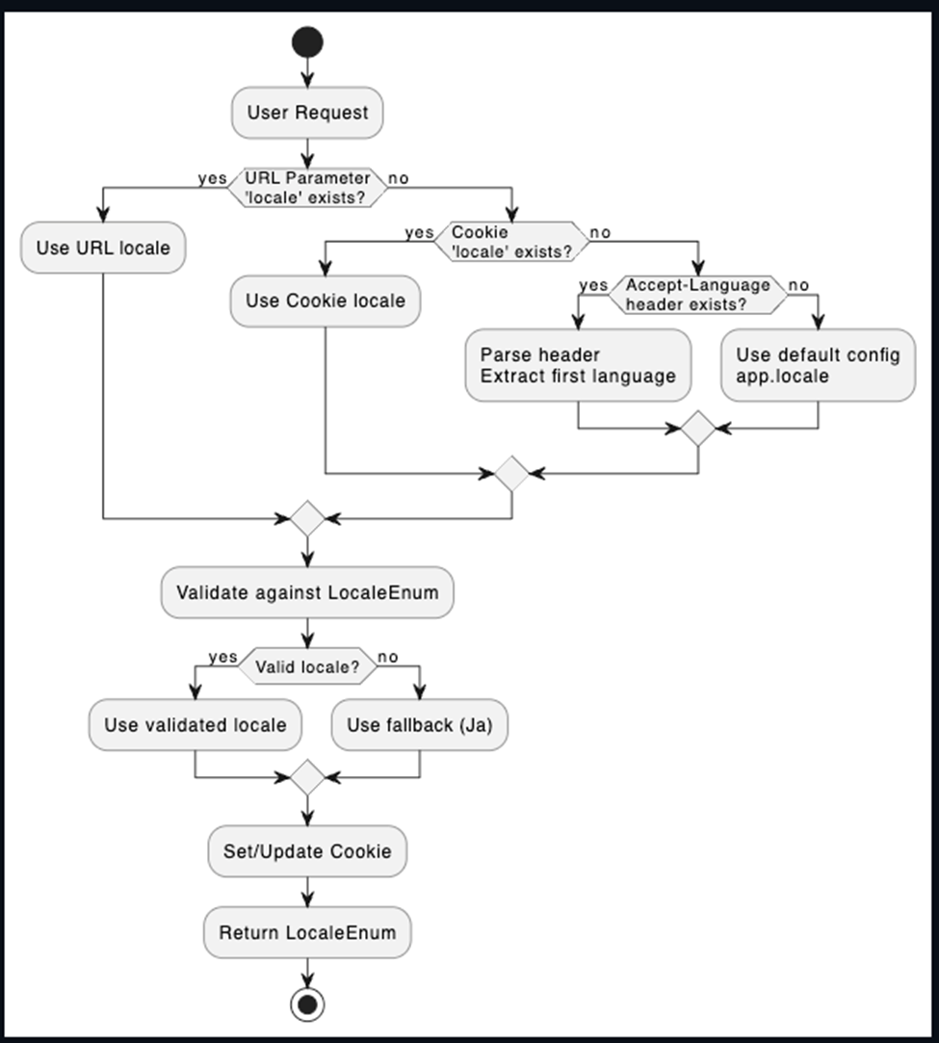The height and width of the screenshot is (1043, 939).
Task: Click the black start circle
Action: click(x=307, y=42)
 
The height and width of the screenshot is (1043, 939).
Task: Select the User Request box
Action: click(x=307, y=113)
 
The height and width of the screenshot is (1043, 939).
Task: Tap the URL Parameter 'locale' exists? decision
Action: click(x=307, y=188)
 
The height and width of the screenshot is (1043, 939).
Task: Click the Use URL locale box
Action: click(x=103, y=248)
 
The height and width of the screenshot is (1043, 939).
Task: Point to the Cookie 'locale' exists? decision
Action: click(x=511, y=242)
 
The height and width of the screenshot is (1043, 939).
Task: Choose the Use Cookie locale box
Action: click(x=326, y=300)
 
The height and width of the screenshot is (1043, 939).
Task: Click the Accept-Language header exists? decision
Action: click(x=697, y=295)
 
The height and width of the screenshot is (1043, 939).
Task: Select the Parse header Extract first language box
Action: click(x=578, y=365)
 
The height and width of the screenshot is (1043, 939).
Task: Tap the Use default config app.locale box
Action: click(x=818, y=365)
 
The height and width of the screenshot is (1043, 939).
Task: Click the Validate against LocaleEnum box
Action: click(x=307, y=592)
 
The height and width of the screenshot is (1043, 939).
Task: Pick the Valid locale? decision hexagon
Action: click(x=307, y=665)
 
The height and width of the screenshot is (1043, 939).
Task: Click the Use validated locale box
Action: click(x=195, y=724)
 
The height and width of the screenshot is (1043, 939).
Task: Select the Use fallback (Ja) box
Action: click(x=420, y=724)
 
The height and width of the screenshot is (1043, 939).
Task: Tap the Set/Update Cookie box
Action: click(x=307, y=851)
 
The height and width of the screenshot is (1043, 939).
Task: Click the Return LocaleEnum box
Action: click(x=307, y=932)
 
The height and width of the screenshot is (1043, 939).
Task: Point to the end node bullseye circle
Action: click(x=307, y=1004)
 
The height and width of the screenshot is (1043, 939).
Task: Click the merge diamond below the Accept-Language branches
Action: click(x=697, y=429)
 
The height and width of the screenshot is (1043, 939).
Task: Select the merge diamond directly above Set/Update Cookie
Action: click(x=307, y=777)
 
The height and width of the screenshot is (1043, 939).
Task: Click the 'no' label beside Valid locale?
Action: click(x=388, y=657)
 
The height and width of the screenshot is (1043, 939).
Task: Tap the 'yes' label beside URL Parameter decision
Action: click(x=212, y=178)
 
